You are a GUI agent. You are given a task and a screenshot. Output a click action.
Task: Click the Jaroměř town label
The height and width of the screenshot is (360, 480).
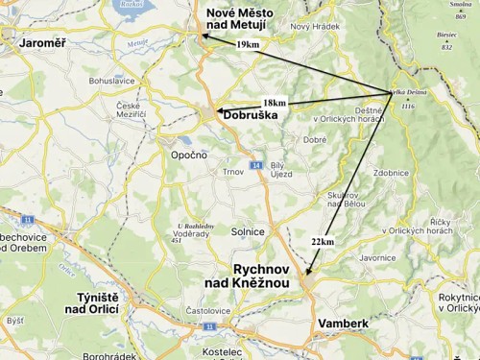coord(34,42)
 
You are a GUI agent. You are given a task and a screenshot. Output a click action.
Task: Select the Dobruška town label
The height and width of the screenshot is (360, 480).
coord(250,115)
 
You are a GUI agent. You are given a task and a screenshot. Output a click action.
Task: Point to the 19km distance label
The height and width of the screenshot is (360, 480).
coord(248,44)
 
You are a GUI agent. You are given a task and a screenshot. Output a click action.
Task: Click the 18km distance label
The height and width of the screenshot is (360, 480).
coord(274,102)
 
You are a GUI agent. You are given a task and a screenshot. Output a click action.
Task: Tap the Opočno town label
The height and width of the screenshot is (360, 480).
coord(188,155)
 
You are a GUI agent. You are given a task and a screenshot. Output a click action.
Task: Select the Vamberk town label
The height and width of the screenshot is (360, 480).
coord(343,324)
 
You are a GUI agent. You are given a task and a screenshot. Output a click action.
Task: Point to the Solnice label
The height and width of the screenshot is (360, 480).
coord(248,231)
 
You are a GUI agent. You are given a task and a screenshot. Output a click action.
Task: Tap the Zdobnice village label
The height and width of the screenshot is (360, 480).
coord(391,173)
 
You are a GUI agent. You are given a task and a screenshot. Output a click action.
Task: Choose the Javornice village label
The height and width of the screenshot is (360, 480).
coord(377,257)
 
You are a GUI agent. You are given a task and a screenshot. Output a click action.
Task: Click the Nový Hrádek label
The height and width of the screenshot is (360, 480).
coord(315,26)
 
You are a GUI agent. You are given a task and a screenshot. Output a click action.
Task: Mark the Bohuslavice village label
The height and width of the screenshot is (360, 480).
coord(112,82)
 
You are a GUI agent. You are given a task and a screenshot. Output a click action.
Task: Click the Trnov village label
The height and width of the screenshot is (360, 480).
coord(233,172)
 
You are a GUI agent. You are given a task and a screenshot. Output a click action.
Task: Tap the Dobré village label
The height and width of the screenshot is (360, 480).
coord(314,140)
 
